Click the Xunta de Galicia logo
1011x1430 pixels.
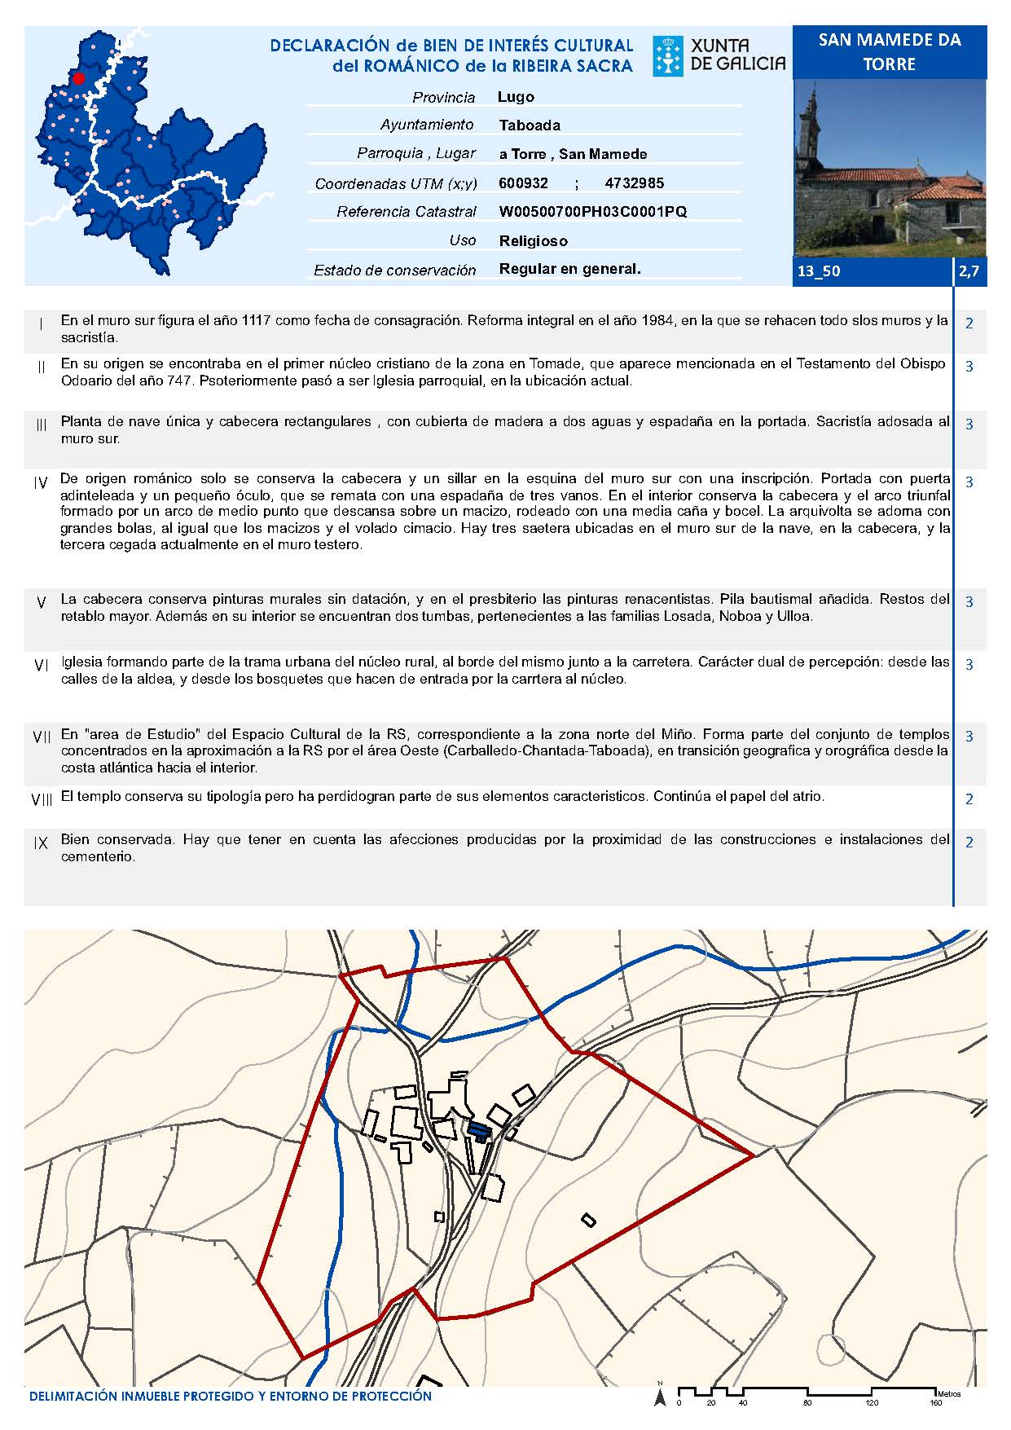pyautogui.click(x=719, y=56)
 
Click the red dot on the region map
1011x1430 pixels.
pyautogui.click(x=79, y=78)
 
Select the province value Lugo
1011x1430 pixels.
pyautogui.click(x=516, y=97)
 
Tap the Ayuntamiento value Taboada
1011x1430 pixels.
pyautogui.click(x=530, y=125)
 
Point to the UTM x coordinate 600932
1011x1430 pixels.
pyautogui.click(x=523, y=183)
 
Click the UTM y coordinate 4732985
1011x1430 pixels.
pyautogui.click(x=634, y=183)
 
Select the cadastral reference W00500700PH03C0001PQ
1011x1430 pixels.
pyautogui.click(x=592, y=212)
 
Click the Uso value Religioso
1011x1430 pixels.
pyautogui.click(x=533, y=241)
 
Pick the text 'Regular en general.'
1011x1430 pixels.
pyautogui.click(x=569, y=269)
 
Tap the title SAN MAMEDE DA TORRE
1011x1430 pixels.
pyautogui.click(x=889, y=52)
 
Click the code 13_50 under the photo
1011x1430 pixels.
pyautogui.click(x=818, y=271)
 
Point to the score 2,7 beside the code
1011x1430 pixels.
pyautogui.click(x=969, y=271)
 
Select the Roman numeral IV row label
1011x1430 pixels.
pyautogui.click(x=42, y=483)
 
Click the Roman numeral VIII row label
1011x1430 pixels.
pyautogui.click(x=42, y=799)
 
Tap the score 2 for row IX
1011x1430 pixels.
pyautogui.click(x=969, y=843)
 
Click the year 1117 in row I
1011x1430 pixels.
pyautogui.click(x=257, y=321)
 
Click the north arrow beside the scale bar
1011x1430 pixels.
pyautogui.click(x=660, y=1398)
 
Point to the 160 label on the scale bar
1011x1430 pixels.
pyautogui.click(x=936, y=1403)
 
